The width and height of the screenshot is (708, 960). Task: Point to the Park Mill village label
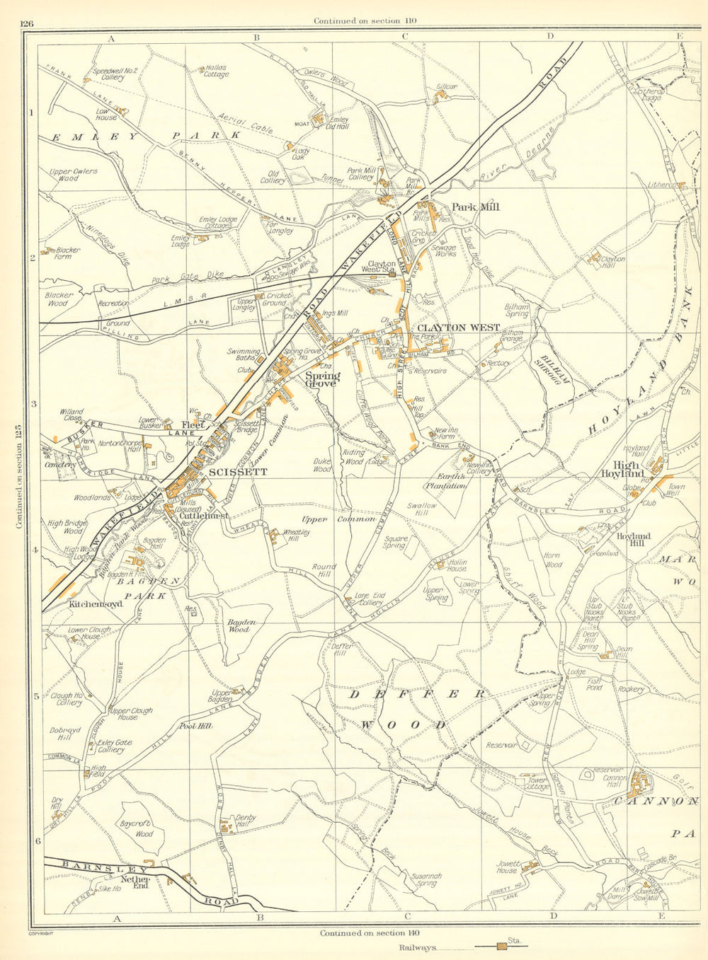point(475,207)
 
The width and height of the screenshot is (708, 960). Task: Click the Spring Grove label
point(322,379)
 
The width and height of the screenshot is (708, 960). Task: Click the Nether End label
point(136,883)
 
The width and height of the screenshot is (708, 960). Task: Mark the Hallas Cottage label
point(217,71)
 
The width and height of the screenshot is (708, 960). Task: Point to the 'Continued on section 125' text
point(19,478)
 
